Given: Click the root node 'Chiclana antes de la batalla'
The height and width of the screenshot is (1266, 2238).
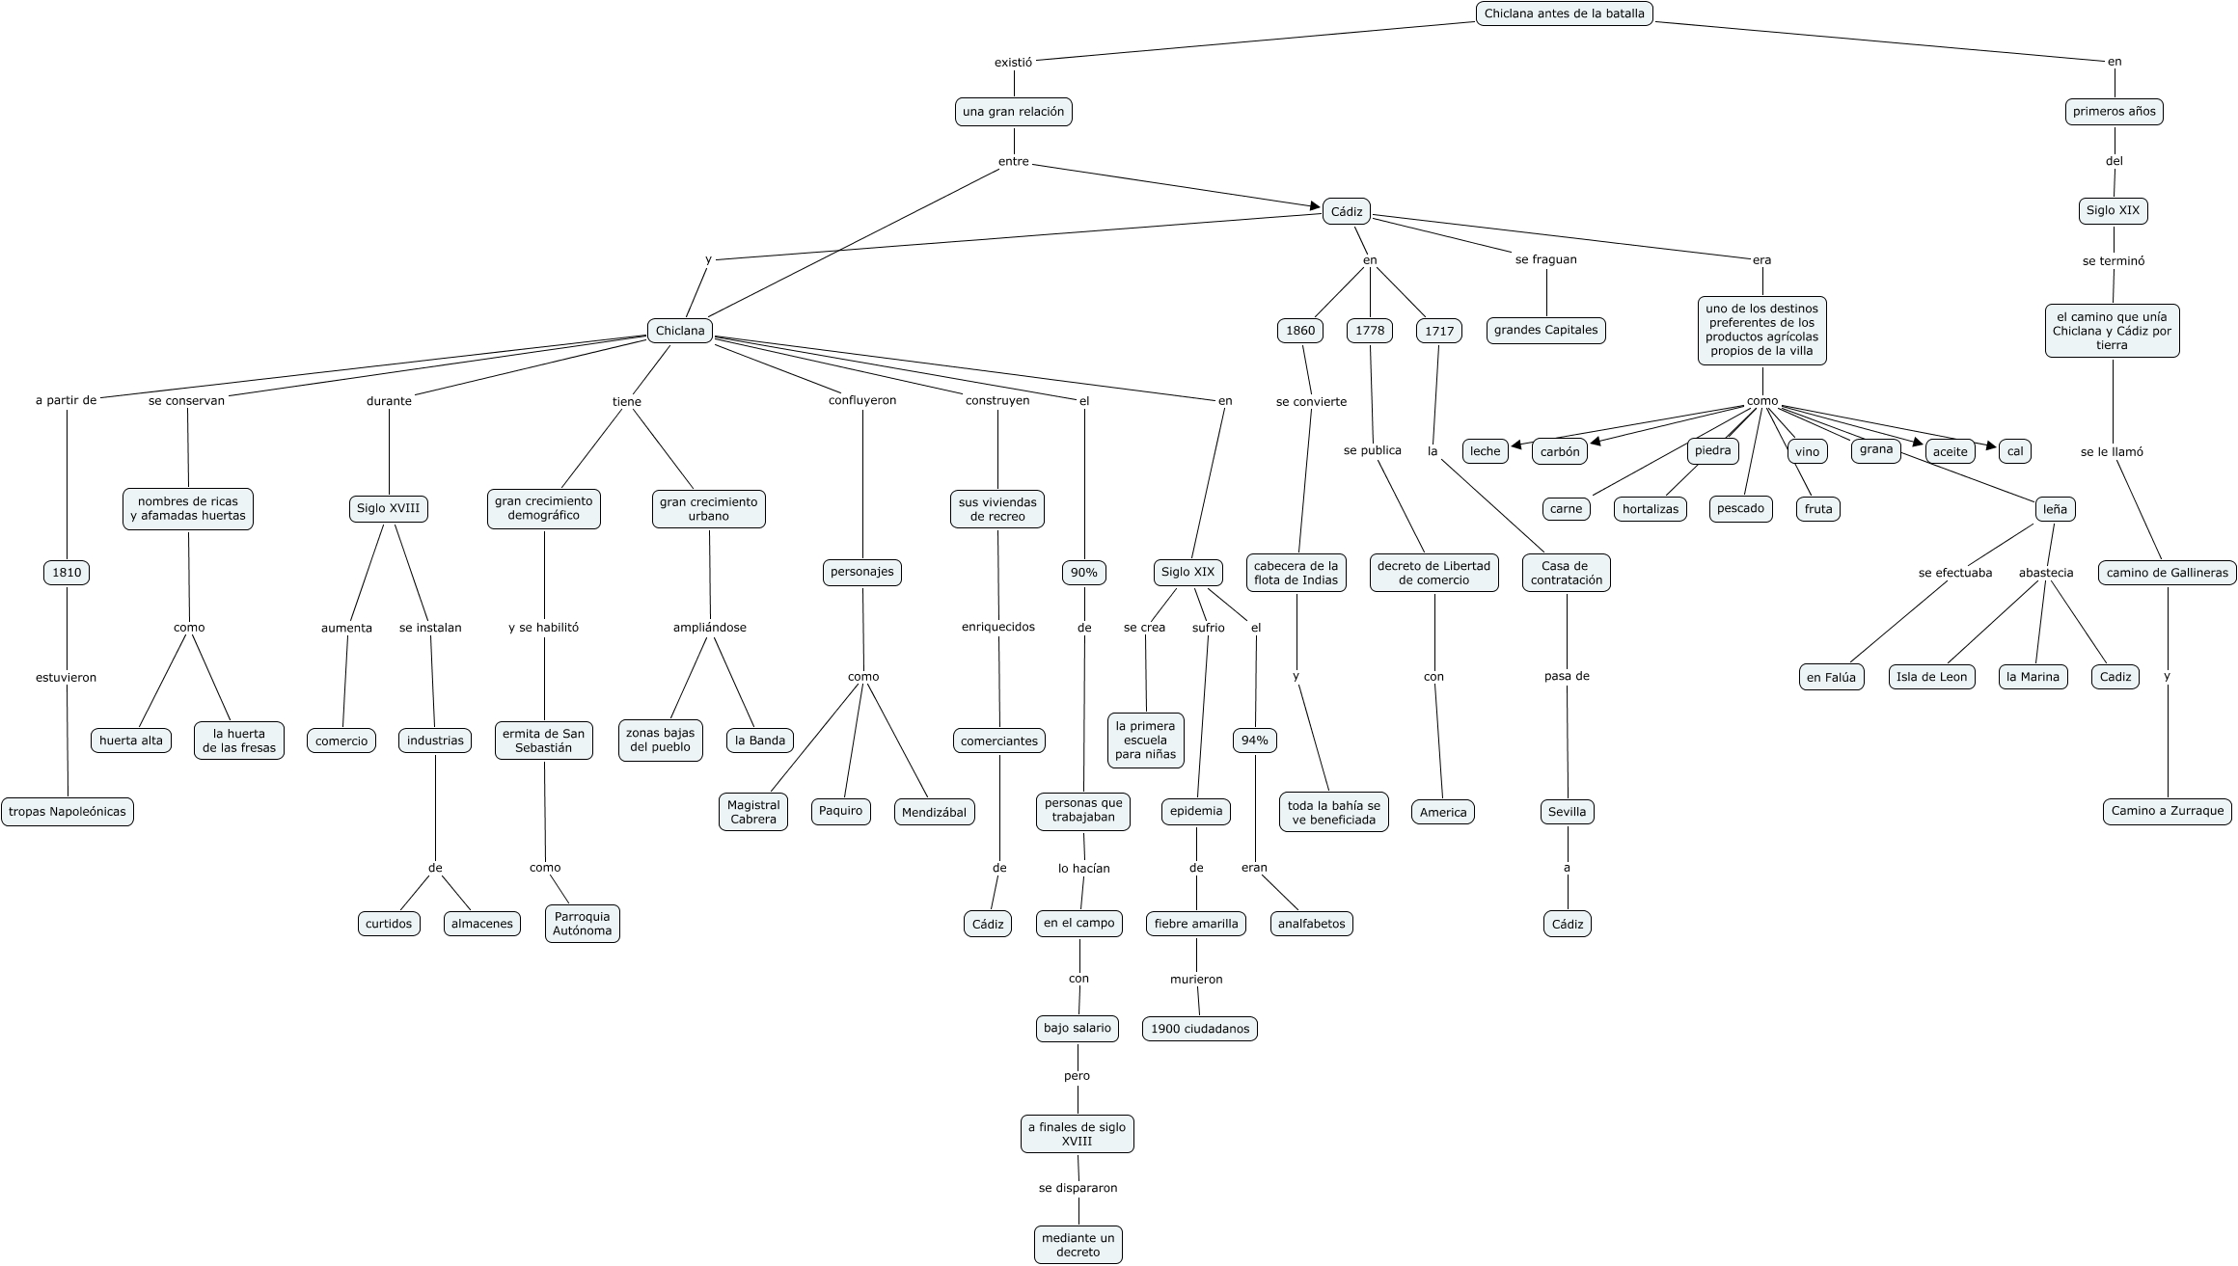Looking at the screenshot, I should pos(1564,13).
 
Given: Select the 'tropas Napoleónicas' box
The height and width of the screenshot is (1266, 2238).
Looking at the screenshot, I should pos(67,812).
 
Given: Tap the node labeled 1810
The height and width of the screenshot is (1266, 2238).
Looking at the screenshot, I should pos(67,573).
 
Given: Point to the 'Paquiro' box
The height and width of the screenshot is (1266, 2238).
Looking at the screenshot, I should pos(840,811).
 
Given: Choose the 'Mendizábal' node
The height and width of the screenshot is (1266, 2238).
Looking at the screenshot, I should pos(934,812).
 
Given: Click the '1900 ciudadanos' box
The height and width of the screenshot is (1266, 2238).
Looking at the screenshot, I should pos(1199,1029).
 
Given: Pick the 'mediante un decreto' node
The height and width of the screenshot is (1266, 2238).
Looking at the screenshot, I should pos(1078,1245).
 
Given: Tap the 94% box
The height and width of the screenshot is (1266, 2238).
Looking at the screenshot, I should pos(1254,741).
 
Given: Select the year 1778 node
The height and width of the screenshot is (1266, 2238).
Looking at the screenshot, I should pos(1369,331).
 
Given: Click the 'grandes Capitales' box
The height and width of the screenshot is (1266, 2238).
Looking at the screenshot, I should pos(1545,331).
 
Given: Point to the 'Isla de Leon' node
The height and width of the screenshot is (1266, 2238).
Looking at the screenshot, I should pos(1931,677).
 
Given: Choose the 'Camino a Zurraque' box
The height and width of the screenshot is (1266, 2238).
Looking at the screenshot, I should pos(2167,811).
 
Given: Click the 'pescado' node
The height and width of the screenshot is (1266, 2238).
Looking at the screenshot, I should pos(1740,508).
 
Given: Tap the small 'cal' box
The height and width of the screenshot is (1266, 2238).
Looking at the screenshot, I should pos(2014,451).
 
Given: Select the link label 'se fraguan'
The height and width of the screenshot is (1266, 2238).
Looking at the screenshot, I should pos(1545,259).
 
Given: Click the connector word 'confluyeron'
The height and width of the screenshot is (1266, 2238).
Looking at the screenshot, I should pos(861,400).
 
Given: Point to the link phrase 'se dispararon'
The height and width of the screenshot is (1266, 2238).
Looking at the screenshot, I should pos(1078,1188).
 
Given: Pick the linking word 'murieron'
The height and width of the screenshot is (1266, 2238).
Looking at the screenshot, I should pos(1196,979).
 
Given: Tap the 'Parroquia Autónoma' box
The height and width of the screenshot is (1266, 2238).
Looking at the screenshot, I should pos(582,924).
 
